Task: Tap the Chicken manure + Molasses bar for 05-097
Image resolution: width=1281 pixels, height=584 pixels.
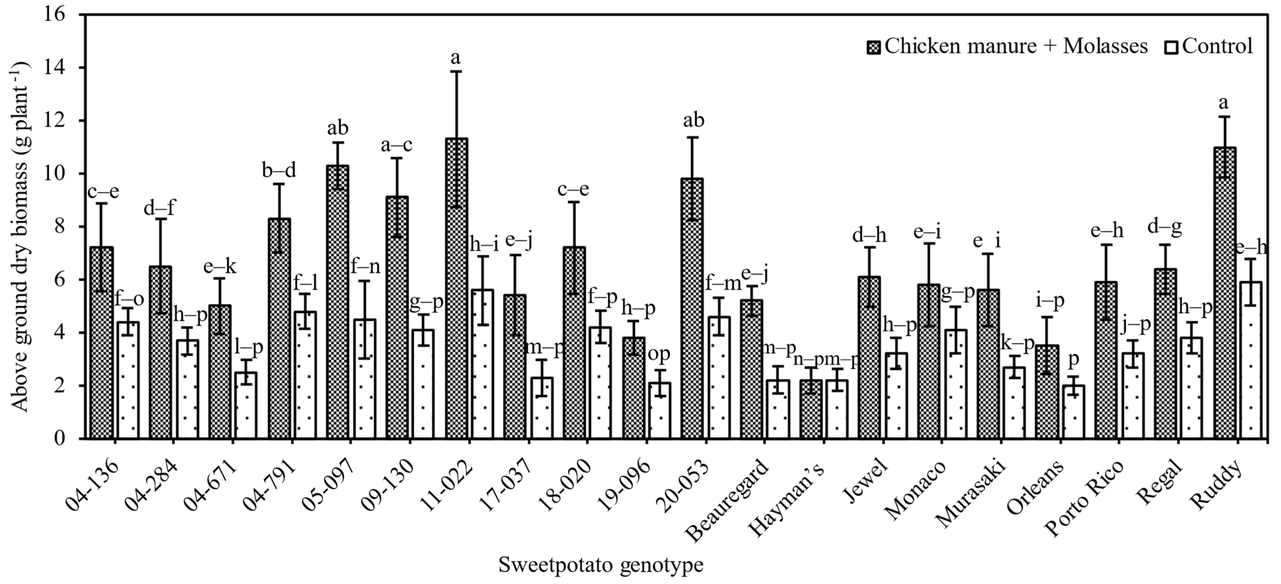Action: [x=338, y=302]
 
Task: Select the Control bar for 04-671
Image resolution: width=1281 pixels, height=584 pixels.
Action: [x=246, y=405]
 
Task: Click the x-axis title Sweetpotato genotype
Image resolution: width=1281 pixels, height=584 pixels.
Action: [x=601, y=566]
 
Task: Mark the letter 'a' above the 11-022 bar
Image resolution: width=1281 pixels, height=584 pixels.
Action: [x=456, y=58]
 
